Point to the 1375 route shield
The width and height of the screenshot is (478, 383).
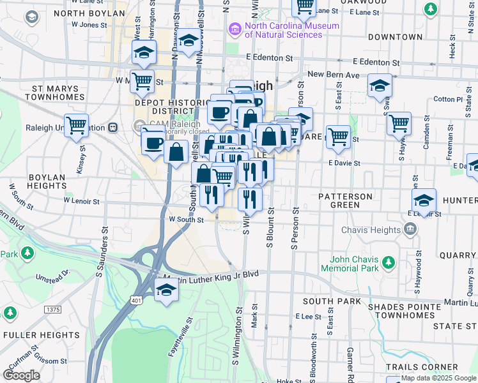[53, 309]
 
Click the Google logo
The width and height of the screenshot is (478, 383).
[21, 375]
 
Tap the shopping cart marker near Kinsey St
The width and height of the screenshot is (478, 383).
[77, 124]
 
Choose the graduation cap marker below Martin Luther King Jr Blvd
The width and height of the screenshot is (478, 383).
[166, 290]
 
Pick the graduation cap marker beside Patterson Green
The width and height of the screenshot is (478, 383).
[424, 200]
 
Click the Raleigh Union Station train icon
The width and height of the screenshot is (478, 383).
[113, 127]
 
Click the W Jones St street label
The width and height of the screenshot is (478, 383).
[89, 24]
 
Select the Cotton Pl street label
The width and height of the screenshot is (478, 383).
[447, 99]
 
